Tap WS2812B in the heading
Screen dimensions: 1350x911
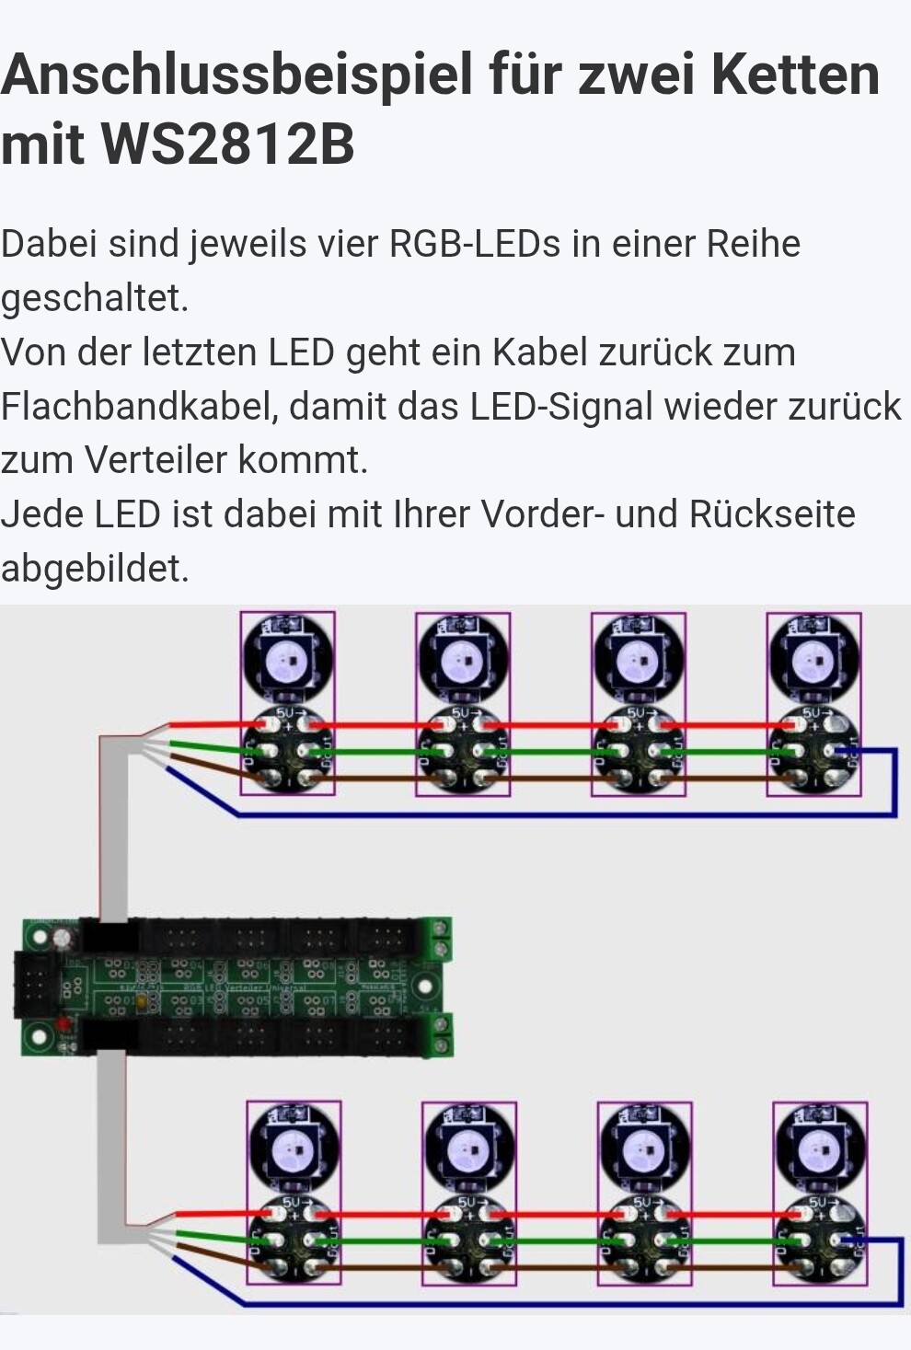(227, 144)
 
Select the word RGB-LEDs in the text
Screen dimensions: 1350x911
(475, 244)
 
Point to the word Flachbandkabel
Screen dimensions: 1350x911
(139, 407)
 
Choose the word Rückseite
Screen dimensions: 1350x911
(772, 514)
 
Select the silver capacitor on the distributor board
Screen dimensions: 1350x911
(62, 940)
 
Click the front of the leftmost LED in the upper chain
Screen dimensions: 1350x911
(287, 659)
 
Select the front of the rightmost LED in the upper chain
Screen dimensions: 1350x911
(813, 659)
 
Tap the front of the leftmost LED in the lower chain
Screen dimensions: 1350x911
(293, 1148)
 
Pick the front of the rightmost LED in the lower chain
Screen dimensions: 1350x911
(820, 1148)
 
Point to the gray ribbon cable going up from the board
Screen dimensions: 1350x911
(112, 828)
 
